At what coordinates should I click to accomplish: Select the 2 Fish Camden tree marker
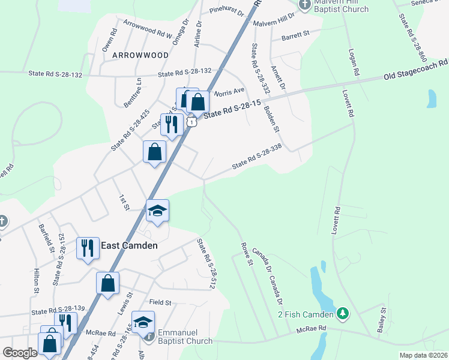point(343,313)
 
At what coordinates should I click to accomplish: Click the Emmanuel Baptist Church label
point(185,337)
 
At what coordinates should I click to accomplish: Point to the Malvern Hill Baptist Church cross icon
point(305,5)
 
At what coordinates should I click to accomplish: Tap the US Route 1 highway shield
point(191,122)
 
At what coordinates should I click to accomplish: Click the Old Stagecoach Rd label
point(417,69)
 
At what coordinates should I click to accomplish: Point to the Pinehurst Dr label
point(228,11)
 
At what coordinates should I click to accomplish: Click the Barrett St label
point(297,34)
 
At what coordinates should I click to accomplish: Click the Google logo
point(20,353)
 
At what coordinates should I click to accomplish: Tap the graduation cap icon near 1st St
point(158,211)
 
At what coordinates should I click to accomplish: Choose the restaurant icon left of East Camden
point(88,247)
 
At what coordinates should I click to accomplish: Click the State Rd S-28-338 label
point(257,155)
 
